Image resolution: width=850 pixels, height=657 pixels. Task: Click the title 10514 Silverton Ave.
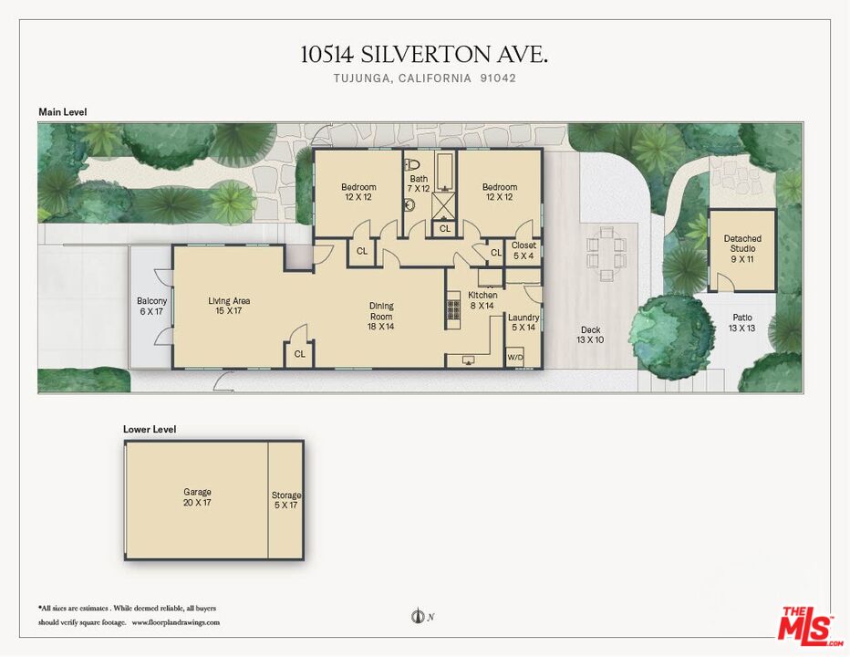[424, 55]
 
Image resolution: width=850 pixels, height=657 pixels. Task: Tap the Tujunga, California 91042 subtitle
[424, 78]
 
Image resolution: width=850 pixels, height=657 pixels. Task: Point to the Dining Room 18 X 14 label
[380, 316]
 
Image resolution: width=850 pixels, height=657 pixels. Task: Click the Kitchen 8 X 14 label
[482, 300]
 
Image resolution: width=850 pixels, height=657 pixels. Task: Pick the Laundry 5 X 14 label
[524, 322]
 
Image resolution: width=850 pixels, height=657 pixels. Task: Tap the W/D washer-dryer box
[515, 356]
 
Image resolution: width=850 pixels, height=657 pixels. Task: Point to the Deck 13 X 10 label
[590, 335]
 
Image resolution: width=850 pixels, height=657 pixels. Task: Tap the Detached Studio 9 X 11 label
[742, 244]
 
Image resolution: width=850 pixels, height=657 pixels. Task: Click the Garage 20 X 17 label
[197, 497]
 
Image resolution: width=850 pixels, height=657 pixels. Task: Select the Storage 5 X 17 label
[285, 500]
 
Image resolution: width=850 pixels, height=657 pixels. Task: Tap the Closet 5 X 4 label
[523, 250]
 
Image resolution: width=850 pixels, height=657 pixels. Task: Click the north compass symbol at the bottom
[419, 618]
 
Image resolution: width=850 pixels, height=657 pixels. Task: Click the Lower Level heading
[150, 429]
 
